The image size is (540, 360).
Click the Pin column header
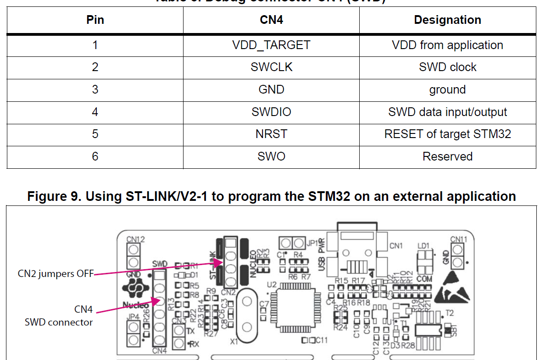[x=95, y=20]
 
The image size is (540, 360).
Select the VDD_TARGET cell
[x=271, y=45]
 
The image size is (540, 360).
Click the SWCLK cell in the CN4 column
[x=271, y=67]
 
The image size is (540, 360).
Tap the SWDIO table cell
[x=271, y=112]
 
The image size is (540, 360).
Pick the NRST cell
[x=271, y=134]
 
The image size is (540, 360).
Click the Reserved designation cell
[x=447, y=156]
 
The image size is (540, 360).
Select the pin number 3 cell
[x=95, y=89]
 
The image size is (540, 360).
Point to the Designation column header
[x=447, y=20]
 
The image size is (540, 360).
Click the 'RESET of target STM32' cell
[x=447, y=134]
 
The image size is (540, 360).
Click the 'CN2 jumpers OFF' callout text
[x=55, y=274]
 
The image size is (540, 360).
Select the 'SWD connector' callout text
[x=59, y=322]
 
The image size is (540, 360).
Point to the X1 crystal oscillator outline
[x=247, y=314]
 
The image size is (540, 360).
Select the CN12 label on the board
[x=136, y=239]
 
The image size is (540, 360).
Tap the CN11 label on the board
[x=458, y=239]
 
